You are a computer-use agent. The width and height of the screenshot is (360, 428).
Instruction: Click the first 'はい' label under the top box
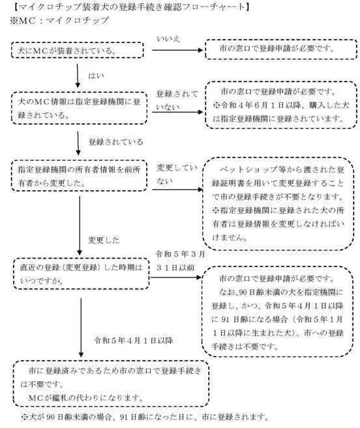pos(97,76)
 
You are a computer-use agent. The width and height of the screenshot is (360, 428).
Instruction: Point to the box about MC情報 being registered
pos(76,104)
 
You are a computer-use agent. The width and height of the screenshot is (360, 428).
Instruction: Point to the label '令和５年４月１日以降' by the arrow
pos(133,339)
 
